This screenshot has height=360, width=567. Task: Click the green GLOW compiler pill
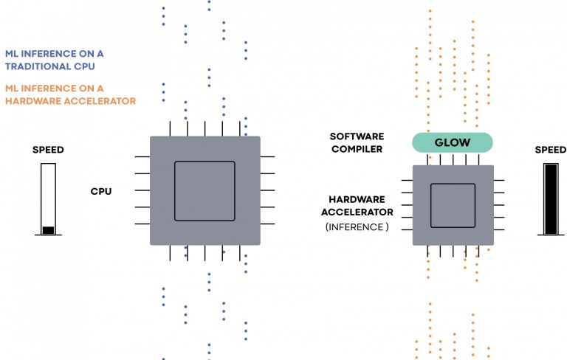(x=452, y=142)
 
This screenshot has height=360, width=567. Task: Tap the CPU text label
(x=100, y=191)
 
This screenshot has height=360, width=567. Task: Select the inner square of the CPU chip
(x=205, y=191)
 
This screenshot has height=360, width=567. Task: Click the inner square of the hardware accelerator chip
(x=453, y=204)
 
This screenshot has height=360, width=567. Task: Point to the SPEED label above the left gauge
(x=48, y=150)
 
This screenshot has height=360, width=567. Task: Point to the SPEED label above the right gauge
(x=550, y=150)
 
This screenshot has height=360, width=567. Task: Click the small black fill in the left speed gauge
(x=48, y=230)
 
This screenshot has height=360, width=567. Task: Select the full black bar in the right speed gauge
(x=550, y=198)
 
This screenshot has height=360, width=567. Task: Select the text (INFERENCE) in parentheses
(x=357, y=227)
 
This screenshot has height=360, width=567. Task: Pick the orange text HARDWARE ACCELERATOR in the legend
(x=70, y=100)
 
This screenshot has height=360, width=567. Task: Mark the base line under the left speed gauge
(x=48, y=236)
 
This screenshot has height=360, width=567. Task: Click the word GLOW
(x=452, y=142)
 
